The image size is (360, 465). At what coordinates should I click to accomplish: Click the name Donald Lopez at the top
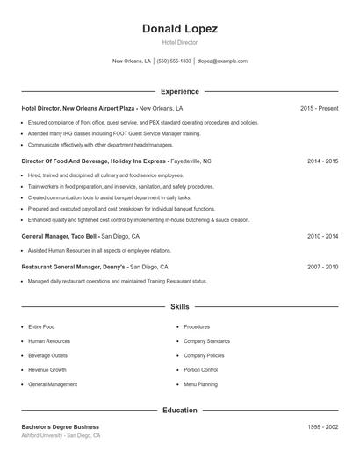(x=180, y=29)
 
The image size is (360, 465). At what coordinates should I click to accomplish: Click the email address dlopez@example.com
(x=222, y=61)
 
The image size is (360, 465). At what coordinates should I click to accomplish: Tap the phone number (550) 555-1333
(x=174, y=61)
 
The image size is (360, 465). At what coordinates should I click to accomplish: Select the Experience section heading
(x=180, y=91)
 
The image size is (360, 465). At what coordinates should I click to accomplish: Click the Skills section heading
(x=180, y=307)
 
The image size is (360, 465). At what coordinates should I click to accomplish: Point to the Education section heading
(x=180, y=410)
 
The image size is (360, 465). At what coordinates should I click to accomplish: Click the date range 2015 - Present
(x=319, y=108)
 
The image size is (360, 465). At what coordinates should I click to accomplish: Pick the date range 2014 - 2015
(x=322, y=161)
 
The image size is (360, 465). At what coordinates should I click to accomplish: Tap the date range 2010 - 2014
(x=322, y=236)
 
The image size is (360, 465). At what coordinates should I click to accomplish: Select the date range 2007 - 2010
(x=322, y=266)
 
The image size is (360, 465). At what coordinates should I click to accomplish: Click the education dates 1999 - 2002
(x=322, y=426)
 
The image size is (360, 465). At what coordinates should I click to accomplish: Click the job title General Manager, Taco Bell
(x=60, y=236)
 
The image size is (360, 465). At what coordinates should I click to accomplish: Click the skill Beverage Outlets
(x=48, y=355)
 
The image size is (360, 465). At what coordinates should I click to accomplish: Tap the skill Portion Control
(x=200, y=369)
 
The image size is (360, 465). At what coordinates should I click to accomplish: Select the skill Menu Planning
(x=200, y=384)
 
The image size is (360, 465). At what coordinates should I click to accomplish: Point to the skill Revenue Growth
(x=47, y=369)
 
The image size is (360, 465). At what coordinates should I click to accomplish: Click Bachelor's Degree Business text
(x=60, y=426)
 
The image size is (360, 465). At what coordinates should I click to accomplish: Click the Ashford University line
(x=61, y=435)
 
